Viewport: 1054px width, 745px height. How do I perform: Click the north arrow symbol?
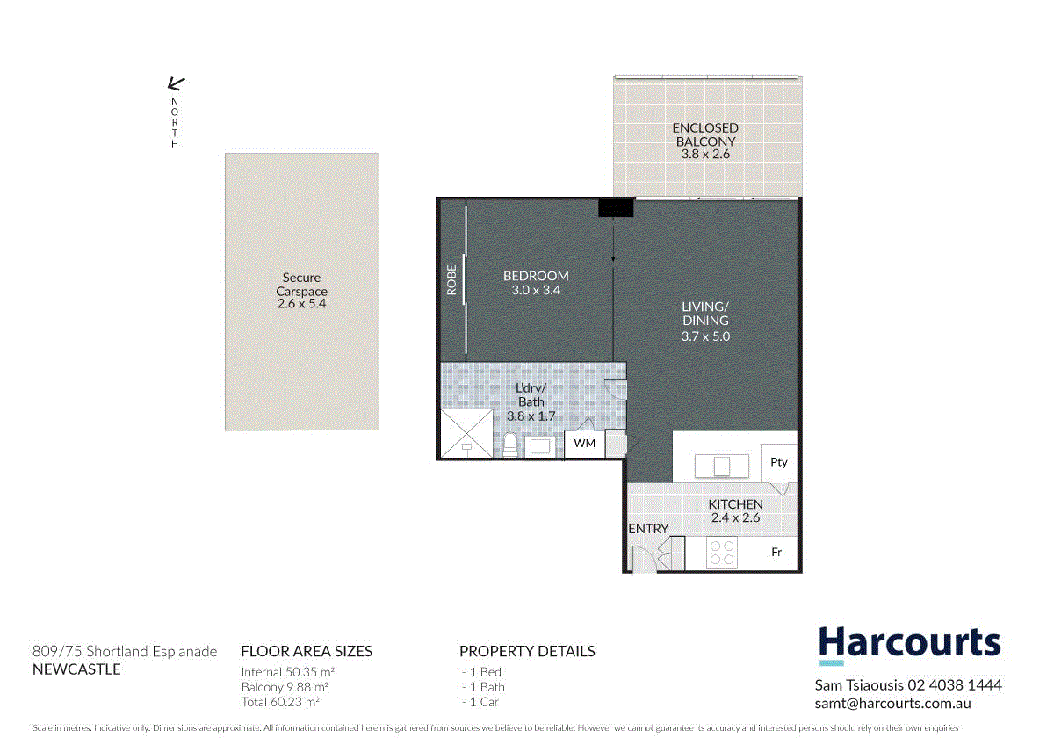[x=176, y=84]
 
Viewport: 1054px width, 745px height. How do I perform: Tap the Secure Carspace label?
[x=301, y=291]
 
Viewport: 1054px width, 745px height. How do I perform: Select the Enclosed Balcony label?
[x=705, y=141]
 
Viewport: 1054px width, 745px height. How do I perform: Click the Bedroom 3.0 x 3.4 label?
[x=536, y=282]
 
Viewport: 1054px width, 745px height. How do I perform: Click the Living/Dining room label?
[x=705, y=321]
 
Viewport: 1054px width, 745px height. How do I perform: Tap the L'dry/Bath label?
[x=531, y=401]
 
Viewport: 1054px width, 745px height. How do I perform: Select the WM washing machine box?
[x=584, y=444]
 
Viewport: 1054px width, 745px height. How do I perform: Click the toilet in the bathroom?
[x=509, y=445]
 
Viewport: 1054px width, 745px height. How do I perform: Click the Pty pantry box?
[x=778, y=462]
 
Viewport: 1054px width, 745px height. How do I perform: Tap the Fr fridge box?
[x=776, y=553]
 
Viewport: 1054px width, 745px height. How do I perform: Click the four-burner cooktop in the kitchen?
[x=722, y=553]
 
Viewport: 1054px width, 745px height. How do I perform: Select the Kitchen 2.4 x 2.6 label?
[x=736, y=510]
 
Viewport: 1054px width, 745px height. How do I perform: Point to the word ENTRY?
[x=648, y=529]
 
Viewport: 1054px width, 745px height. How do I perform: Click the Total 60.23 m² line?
[x=280, y=702]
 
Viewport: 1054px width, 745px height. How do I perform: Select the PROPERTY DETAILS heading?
[x=527, y=651]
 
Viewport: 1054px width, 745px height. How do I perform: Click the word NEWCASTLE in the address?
[x=76, y=669]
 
